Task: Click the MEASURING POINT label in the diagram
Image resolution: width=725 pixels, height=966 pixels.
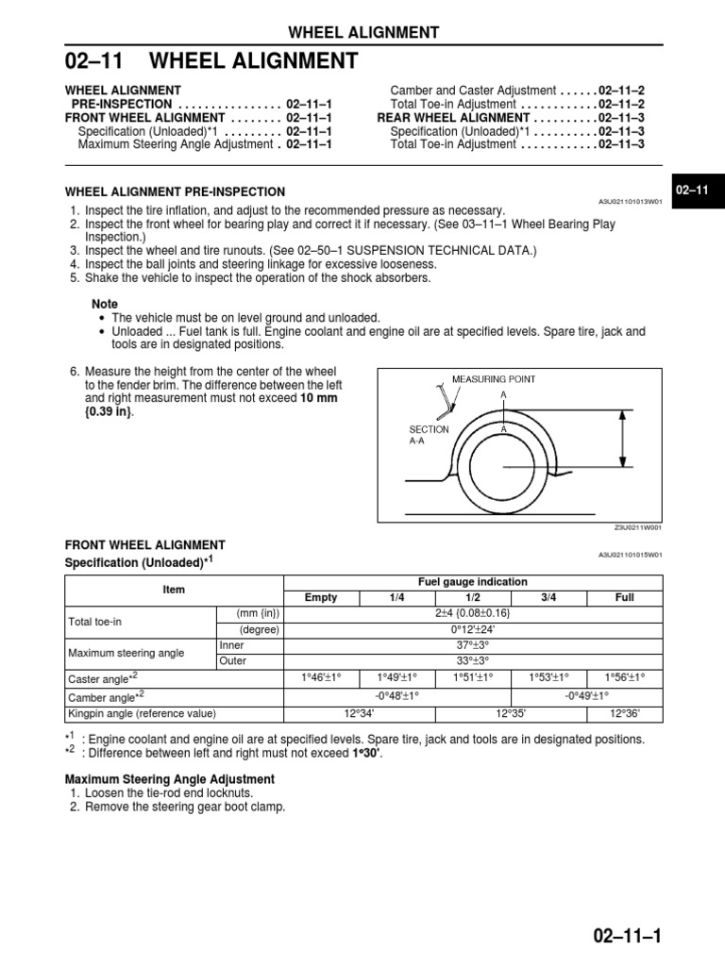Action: tap(493, 379)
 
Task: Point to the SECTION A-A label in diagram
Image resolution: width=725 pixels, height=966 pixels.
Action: tap(429, 435)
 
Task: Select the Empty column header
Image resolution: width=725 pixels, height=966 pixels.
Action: tap(319, 598)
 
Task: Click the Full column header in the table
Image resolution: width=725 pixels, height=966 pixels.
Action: tap(625, 598)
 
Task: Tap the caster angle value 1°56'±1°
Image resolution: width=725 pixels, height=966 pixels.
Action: tap(625, 678)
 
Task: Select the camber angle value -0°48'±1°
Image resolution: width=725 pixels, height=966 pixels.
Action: tap(396, 695)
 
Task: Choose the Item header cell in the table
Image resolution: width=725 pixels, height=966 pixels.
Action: tap(174, 590)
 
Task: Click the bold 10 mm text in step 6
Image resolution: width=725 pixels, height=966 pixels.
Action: tap(318, 399)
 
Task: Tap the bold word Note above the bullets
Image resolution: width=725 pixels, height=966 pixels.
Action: tap(105, 305)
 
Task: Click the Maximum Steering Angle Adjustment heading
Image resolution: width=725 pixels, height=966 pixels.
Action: tap(169, 779)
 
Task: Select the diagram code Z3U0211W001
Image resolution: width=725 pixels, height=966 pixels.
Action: tap(638, 528)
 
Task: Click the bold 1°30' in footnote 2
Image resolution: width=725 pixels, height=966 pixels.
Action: tap(368, 754)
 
